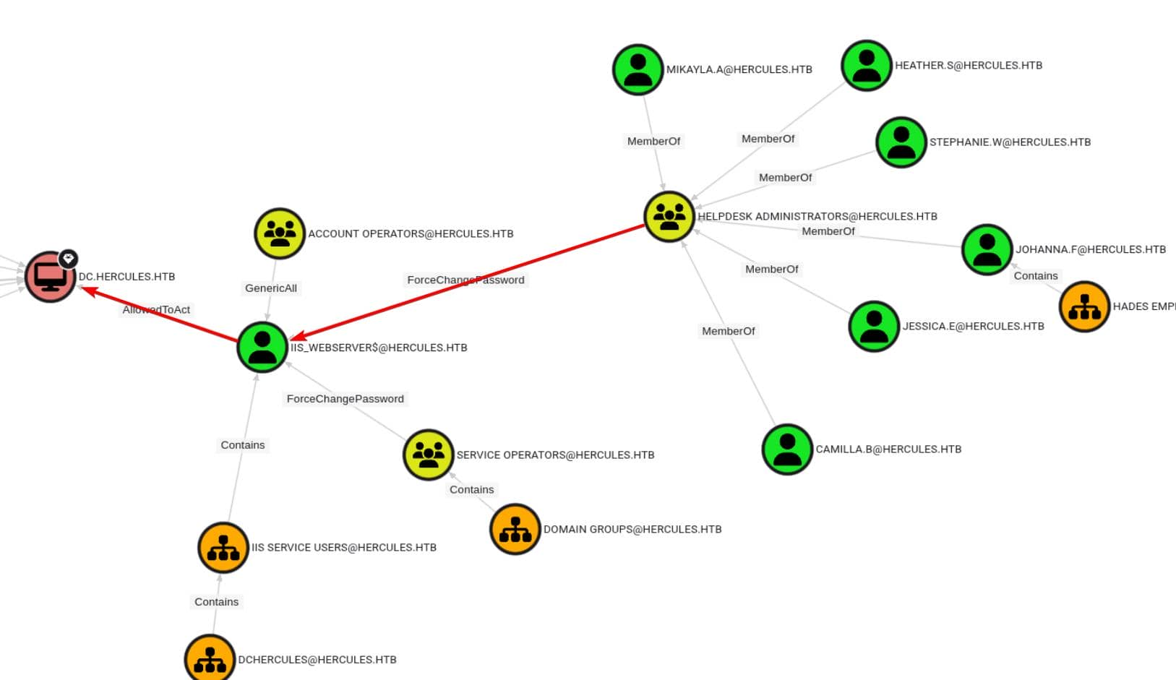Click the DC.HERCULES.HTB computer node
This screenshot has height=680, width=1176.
point(50,277)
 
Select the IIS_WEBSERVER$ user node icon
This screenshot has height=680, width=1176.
point(262,347)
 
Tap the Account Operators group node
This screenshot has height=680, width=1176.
point(280,233)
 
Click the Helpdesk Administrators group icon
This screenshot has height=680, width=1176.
point(669,216)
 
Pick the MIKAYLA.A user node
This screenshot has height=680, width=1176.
point(638,69)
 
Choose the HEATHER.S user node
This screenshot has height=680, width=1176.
point(867,65)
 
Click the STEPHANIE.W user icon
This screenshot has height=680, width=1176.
point(901,142)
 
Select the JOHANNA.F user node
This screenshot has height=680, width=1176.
point(987,249)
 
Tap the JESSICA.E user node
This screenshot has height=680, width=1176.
point(874,326)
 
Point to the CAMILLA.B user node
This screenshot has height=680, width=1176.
point(787,449)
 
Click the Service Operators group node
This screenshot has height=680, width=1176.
point(428,455)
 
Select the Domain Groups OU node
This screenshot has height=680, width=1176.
point(515,529)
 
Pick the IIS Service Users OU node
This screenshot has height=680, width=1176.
point(223,548)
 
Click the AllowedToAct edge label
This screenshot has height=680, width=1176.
point(156,309)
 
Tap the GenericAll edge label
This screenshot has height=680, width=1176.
point(271,288)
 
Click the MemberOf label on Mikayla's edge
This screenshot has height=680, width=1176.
point(653,141)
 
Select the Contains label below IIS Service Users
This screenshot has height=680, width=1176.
point(216,601)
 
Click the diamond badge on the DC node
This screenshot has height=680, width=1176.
point(69,258)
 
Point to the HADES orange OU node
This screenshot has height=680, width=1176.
point(1084,306)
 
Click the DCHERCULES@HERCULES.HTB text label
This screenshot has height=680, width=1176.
point(317,659)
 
